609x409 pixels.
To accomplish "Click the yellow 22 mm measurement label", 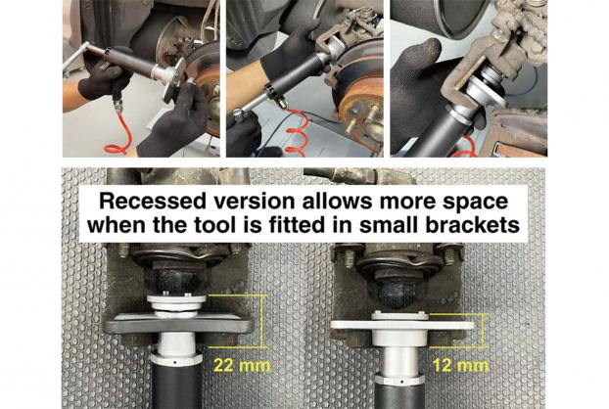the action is [242, 366].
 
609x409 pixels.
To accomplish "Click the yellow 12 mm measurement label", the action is [460, 366].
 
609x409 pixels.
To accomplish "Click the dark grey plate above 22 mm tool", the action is [176, 323].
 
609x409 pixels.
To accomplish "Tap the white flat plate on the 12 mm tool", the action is [402, 325].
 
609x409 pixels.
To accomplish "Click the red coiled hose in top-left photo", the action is [118, 131].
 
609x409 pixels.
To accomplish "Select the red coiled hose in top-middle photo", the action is [296, 131].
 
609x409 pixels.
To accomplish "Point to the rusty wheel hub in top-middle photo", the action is [361, 113].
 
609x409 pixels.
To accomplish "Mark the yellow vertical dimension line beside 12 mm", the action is [483, 330].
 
